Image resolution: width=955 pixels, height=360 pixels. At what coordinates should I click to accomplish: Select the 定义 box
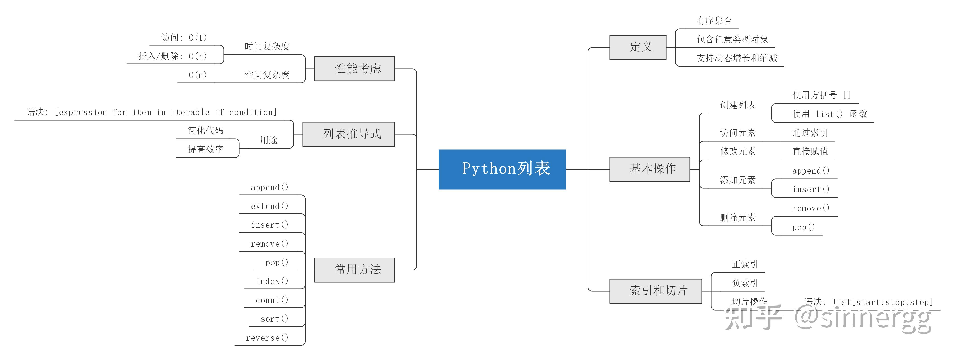pyautogui.click(x=638, y=47)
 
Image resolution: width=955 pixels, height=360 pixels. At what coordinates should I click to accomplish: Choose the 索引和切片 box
pyautogui.click(x=655, y=291)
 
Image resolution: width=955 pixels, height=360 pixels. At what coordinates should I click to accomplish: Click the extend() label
pyautogui.click(x=269, y=206)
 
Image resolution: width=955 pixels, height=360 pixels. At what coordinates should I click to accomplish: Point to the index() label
pyautogui.click(x=272, y=281)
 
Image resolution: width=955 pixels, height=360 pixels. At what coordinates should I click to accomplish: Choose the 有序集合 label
pyautogui.click(x=714, y=21)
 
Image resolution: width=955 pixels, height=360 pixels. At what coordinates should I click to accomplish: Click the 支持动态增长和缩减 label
pyautogui.click(x=737, y=58)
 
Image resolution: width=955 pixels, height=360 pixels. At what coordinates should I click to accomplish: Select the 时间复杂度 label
pyautogui.click(x=267, y=46)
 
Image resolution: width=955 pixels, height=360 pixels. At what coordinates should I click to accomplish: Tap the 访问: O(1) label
pyautogui.click(x=184, y=37)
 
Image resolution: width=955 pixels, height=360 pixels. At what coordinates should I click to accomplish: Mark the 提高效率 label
pyautogui.click(x=206, y=149)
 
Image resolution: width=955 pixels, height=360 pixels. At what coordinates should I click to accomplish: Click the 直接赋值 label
pyautogui.click(x=810, y=151)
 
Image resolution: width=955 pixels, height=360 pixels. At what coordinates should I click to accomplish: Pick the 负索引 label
pyautogui.click(x=745, y=283)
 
